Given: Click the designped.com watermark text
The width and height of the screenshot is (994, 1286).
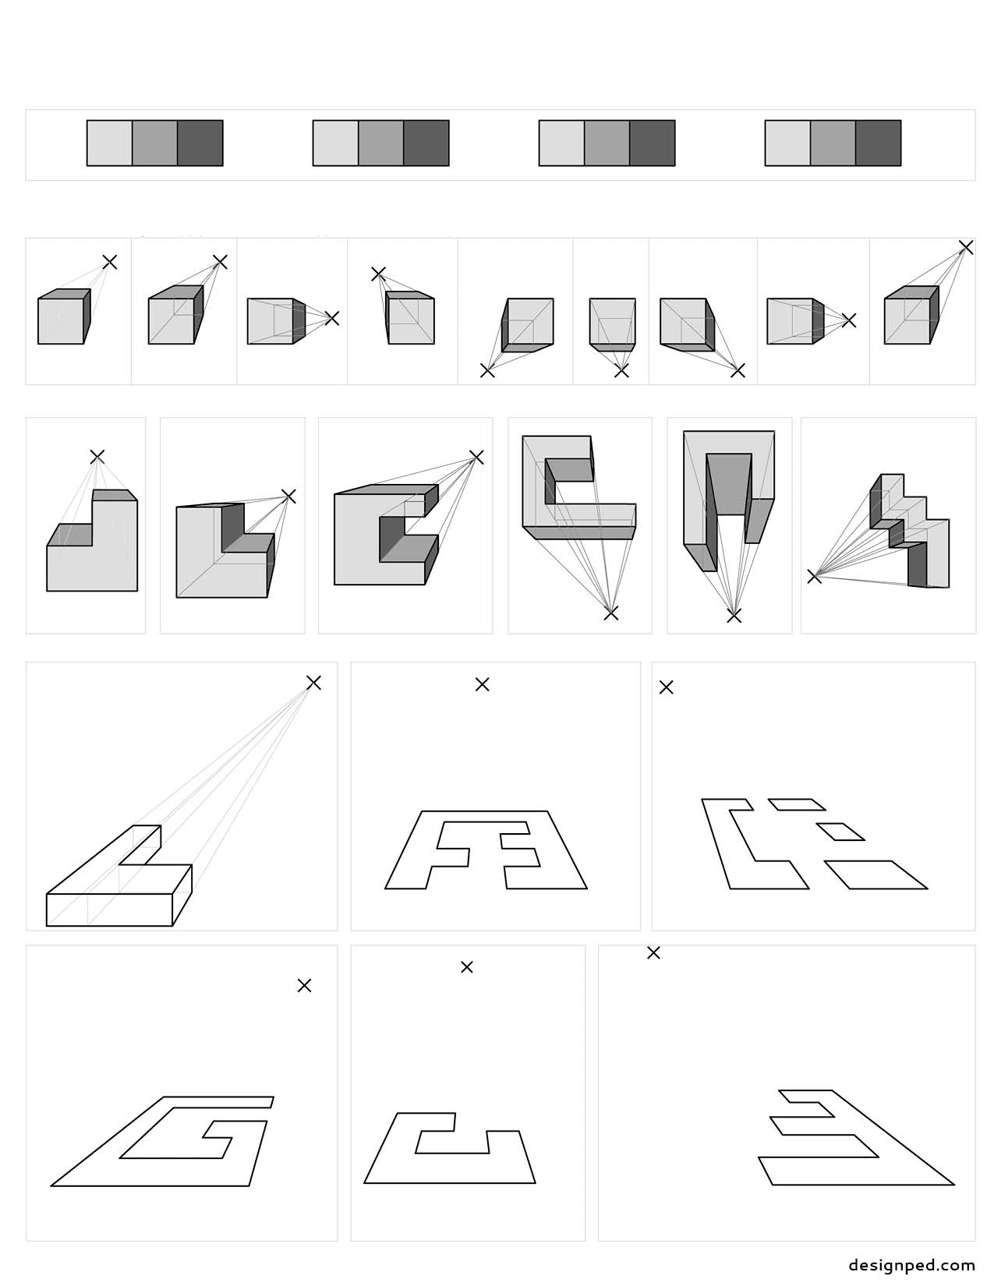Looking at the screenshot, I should pyautogui.click(x=912, y=1265).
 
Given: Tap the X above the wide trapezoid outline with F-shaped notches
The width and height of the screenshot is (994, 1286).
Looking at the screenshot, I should pyautogui.click(x=483, y=684).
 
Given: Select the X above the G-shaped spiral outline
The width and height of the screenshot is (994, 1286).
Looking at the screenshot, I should pyautogui.click(x=304, y=986).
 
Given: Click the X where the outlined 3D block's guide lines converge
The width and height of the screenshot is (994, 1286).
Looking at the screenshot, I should pyautogui.click(x=313, y=683).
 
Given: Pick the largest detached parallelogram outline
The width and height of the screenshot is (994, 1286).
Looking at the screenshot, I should pyautogui.click(x=876, y=874).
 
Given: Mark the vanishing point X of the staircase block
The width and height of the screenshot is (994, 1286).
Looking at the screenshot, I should pyautogui.click(x=814, y=577).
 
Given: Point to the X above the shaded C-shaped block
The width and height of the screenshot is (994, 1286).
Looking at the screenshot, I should pyautogui.click(x=476, y=457).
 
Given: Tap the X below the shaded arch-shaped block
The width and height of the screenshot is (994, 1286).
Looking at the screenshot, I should pyautogui.click(x=734, y=617).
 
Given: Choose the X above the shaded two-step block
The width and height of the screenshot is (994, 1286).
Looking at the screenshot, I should pyautogui.click(x=97, y=457).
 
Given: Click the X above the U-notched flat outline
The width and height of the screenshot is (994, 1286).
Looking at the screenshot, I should pyautogui.click(x=466, y=967).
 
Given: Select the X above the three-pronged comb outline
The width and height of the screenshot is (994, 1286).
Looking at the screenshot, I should pyautogui.click(x=653, y=952).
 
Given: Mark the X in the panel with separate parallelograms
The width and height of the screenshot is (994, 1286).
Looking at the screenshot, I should pyautogui.click(x=666, y=687).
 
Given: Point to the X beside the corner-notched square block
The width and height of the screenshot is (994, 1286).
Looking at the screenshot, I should pyautogui.click(x=288, y=496).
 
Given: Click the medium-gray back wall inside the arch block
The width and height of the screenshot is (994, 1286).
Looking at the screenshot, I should pyautogui.click(x=729, y=483).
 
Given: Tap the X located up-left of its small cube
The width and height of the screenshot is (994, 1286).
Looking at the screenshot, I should pyautogui.click(x=378, y=274).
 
